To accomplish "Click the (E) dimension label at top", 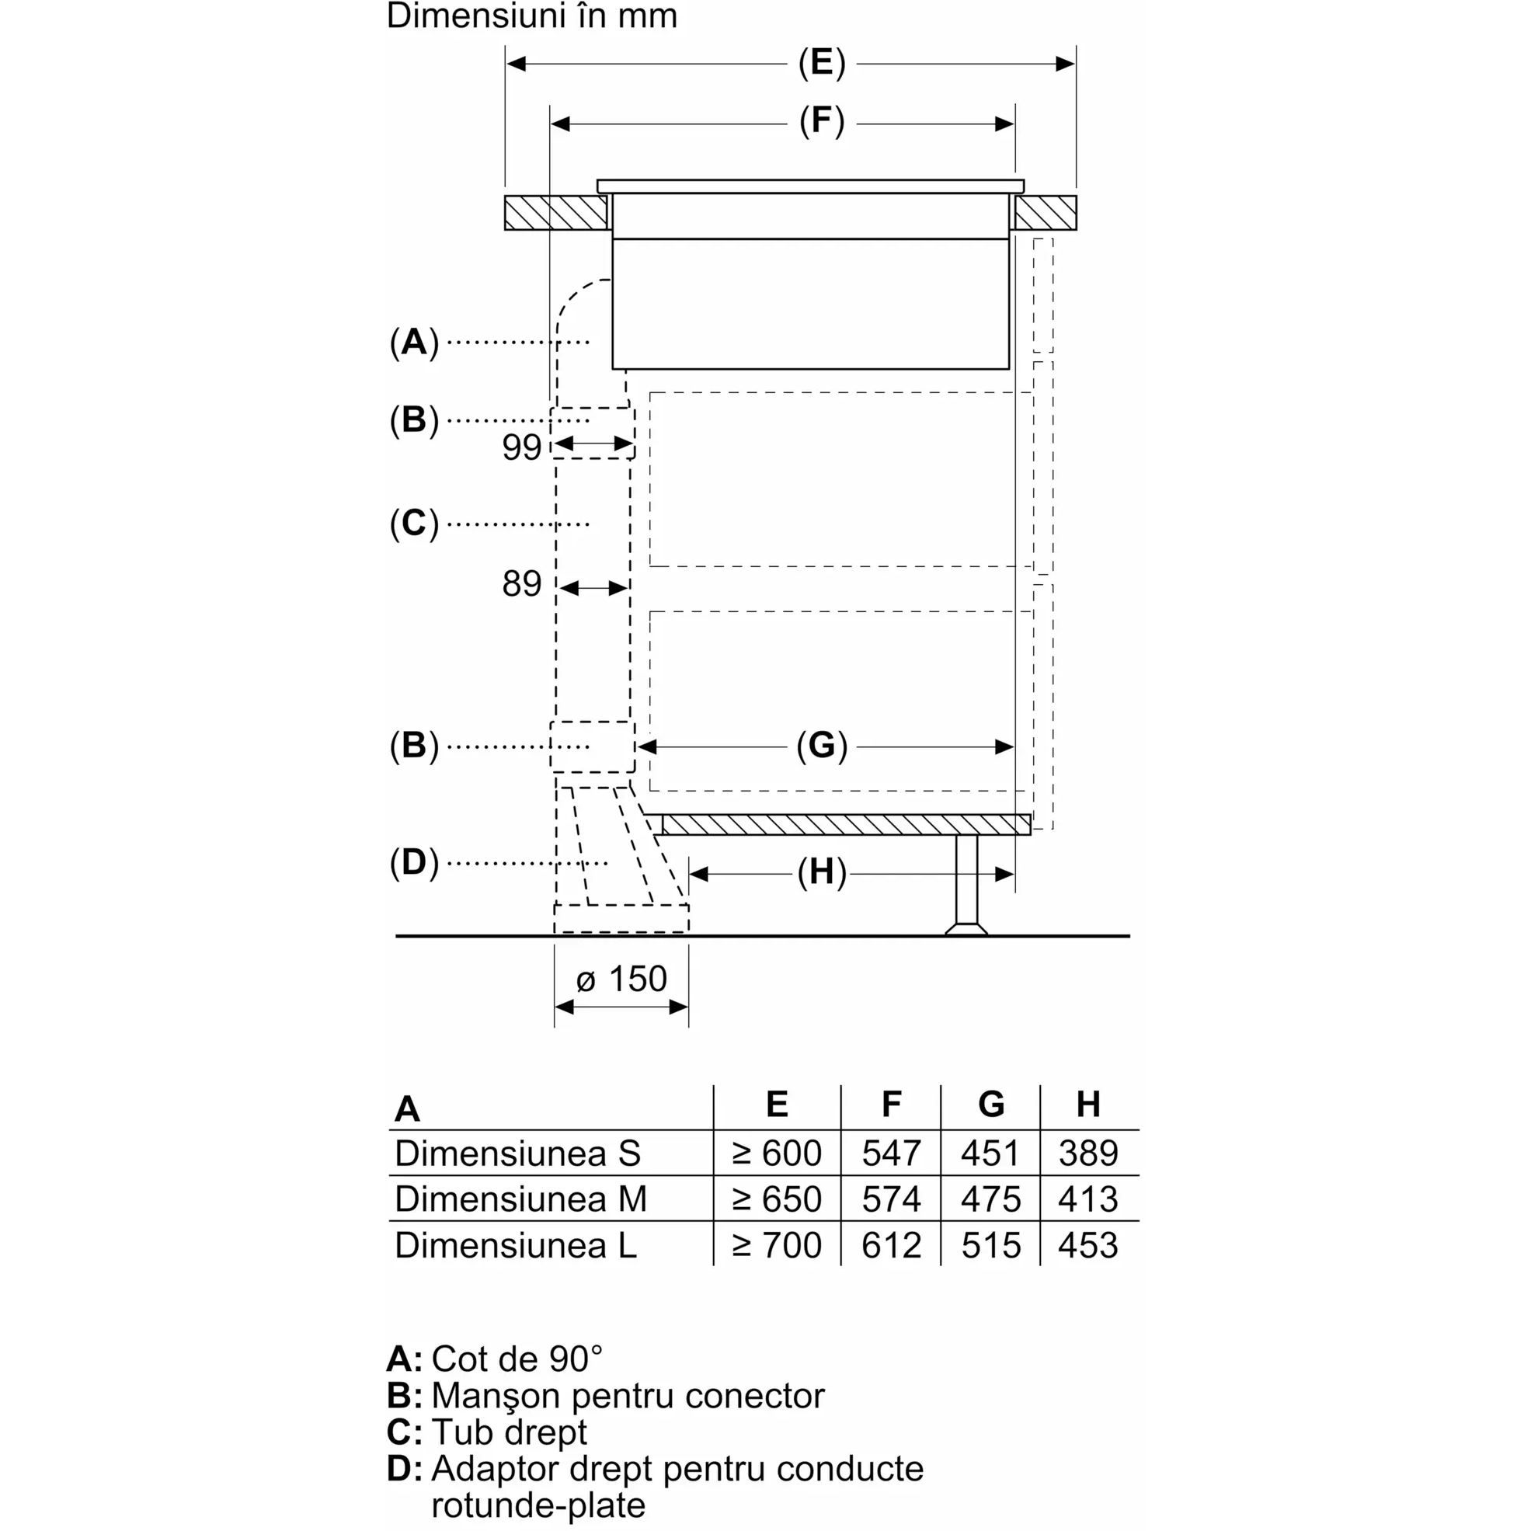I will [822, 64].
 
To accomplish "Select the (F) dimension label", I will [822, 122].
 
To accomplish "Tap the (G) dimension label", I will [822, 746].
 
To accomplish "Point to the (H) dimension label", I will [822, 872].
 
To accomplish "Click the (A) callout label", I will [414, 343].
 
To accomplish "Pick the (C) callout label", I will [414, 524].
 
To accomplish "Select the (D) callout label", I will [414, 862].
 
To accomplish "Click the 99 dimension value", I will [521, 447].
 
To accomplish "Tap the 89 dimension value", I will [521, 584].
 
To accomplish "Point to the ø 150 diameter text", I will [621, 979].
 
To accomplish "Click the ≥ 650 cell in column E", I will [777, 1199].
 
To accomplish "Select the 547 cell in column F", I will [891, 1153].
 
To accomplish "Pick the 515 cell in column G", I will [990, 1245].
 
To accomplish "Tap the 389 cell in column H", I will [1088, 1153].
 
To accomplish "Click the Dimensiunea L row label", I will [515, 1245].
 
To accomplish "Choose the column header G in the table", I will [990, 1104].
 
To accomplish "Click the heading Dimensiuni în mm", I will [532, 16].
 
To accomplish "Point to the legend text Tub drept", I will [509, 1432].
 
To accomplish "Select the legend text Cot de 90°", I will [517, 1359].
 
